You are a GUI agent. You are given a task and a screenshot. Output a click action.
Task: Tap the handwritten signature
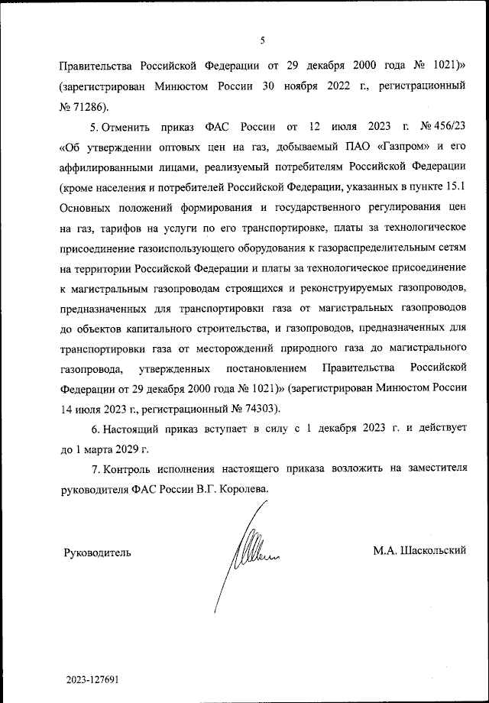tap(248, 546)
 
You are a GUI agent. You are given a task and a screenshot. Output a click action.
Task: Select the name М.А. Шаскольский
tap(419, 550)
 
